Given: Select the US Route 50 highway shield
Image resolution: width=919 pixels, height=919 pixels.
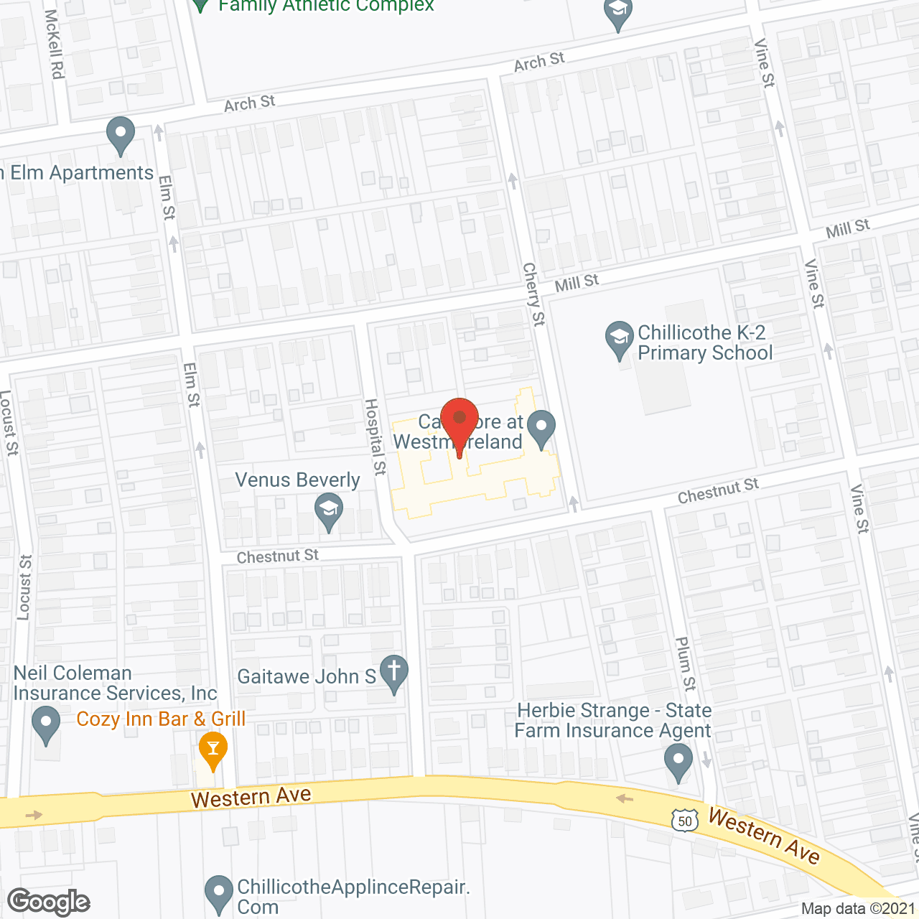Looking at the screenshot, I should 685,821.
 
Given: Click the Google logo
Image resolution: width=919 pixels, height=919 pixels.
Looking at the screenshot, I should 49,902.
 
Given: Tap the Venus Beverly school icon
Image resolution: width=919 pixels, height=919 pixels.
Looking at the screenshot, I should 329,512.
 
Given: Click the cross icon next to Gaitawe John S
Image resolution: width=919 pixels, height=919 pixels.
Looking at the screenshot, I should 393,673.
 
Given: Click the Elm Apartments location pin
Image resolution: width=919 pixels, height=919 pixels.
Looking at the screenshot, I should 121,134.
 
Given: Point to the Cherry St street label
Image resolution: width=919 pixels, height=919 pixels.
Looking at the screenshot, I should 534,294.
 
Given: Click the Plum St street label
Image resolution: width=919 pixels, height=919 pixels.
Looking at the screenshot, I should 686,663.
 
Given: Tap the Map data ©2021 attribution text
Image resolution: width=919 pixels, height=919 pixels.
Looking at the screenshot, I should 858,908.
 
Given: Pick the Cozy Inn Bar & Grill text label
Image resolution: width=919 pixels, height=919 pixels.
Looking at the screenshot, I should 161,719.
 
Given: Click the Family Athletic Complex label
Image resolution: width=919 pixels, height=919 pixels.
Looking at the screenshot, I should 326,6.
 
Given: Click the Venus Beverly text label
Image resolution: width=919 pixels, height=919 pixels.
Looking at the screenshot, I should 297,480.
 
